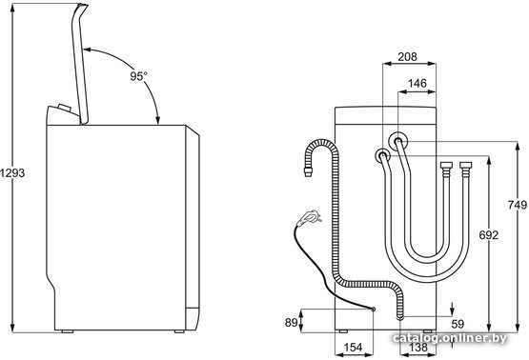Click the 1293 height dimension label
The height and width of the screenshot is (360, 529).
[x=12, y=172]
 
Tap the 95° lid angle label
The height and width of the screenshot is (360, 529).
[x=138, y=76]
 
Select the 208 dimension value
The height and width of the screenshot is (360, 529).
[x=407, y=57]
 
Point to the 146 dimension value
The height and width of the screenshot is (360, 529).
[x=417, y=83]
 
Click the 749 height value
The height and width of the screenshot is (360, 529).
[x=518, y=205]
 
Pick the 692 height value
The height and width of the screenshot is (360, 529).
[x=489, y=235]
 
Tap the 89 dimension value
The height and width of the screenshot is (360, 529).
[x=291, y=323]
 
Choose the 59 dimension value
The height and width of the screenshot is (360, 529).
[x=458, y=324]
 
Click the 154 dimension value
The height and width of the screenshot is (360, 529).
[x=353, y=348]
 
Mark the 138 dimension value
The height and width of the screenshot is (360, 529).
[x=417, y=348]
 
